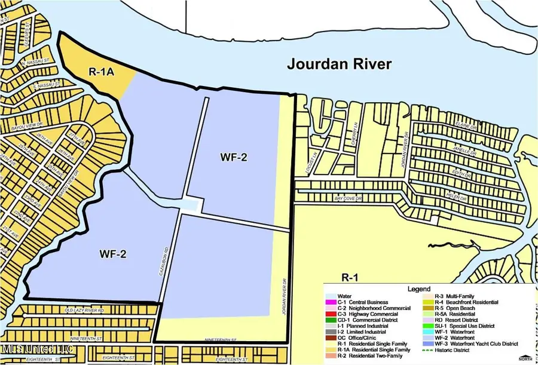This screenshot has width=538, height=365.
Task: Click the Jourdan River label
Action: click(341, 64)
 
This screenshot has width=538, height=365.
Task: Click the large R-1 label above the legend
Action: click(350, 278)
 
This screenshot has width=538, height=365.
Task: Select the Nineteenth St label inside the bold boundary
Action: click(221, 338)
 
